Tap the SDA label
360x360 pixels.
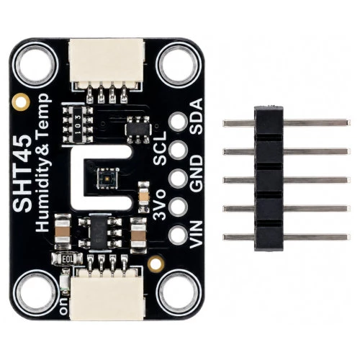(196, 117)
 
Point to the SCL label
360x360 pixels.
(160, 148)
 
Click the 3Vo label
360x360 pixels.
(160, 204)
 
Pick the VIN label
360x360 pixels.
(196, 235)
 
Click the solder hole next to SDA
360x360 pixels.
(178, 122)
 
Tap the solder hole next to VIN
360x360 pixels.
(178, 235)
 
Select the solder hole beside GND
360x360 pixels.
(178, 178)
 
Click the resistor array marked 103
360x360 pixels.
(78, 125)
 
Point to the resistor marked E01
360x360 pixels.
(68, 258)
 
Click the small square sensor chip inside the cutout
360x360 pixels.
(107, 178)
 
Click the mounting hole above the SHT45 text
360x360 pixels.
(35, 65)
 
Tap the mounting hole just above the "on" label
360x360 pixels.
(35, 293)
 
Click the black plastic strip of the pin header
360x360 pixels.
(269, 178)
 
